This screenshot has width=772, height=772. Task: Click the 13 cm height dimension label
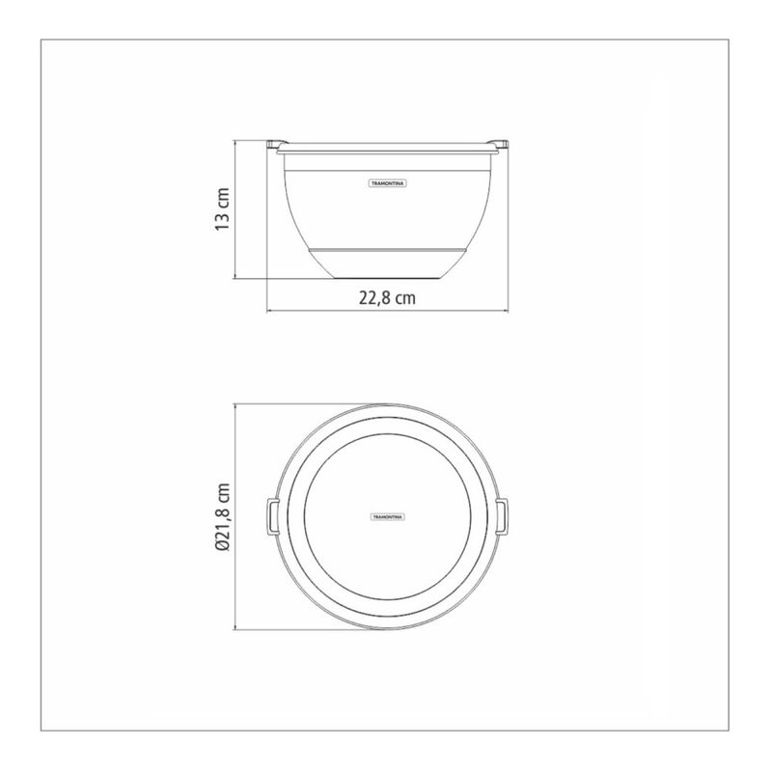point(223,209)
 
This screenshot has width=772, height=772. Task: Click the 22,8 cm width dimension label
point(387,298)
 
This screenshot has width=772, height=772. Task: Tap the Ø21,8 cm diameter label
point(223,516)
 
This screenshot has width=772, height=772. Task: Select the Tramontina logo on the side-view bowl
point(388,183)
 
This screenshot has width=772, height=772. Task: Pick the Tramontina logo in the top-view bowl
point(388,517)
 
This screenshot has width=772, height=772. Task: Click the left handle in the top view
point(272,516)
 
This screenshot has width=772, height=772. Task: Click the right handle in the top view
point(502,516)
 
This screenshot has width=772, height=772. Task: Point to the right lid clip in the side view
point(498,144)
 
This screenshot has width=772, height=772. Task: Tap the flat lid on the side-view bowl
point(388,148)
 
